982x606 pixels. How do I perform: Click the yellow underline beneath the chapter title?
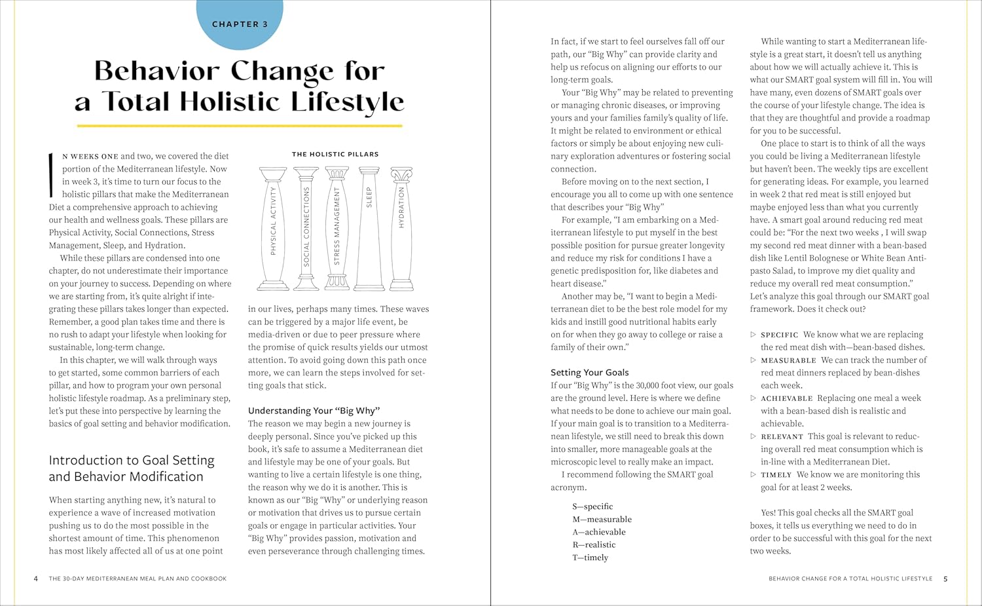[x=240, y=125]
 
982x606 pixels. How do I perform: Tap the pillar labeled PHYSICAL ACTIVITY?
[x=273, y=228]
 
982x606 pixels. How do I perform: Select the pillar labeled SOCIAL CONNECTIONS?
[x=306, y=228]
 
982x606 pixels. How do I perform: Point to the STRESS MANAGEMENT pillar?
[x=337, y=228]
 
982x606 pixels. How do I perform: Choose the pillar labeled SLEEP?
[x=369, y=228]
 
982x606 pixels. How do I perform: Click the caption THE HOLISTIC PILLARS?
[x=335, y=154]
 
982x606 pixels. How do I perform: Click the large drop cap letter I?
[x=51, y=175]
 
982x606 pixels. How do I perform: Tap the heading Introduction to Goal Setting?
[x=132, y=461]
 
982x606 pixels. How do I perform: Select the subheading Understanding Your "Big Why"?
[x=314, y=411]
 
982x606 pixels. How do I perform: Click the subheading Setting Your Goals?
[x=589, y=372]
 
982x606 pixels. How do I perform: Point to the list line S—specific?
[x=592, y=506]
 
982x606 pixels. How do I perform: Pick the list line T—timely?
[x=590, y=558]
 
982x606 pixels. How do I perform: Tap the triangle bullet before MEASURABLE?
[x=753, y=360]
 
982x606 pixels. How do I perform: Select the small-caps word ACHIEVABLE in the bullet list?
[x=786, y=398]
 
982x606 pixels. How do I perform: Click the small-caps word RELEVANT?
[x=782, y=436]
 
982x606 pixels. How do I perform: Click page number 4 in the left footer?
[x=36, y=578]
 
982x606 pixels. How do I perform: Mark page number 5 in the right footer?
[x=945, y=578]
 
